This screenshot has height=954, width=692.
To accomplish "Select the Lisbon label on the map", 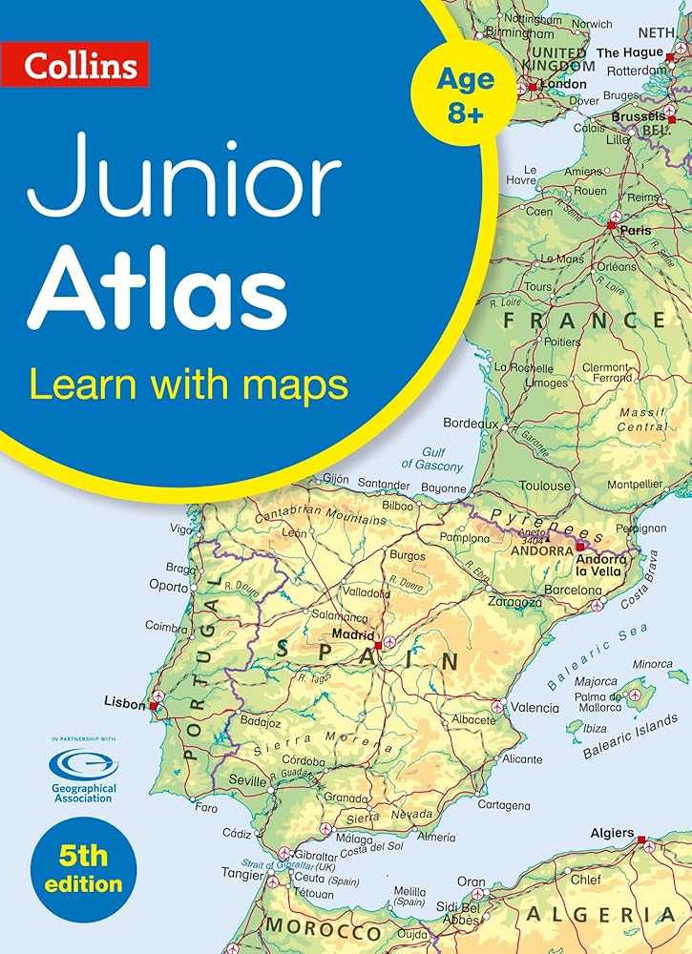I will click(124, 703).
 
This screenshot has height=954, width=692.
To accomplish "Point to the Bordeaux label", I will click(471, 423).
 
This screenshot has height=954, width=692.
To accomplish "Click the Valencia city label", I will click(535, 708).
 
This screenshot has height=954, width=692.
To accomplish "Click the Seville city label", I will click(248, 780).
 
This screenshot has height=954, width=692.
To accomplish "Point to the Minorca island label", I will click(653, 664).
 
